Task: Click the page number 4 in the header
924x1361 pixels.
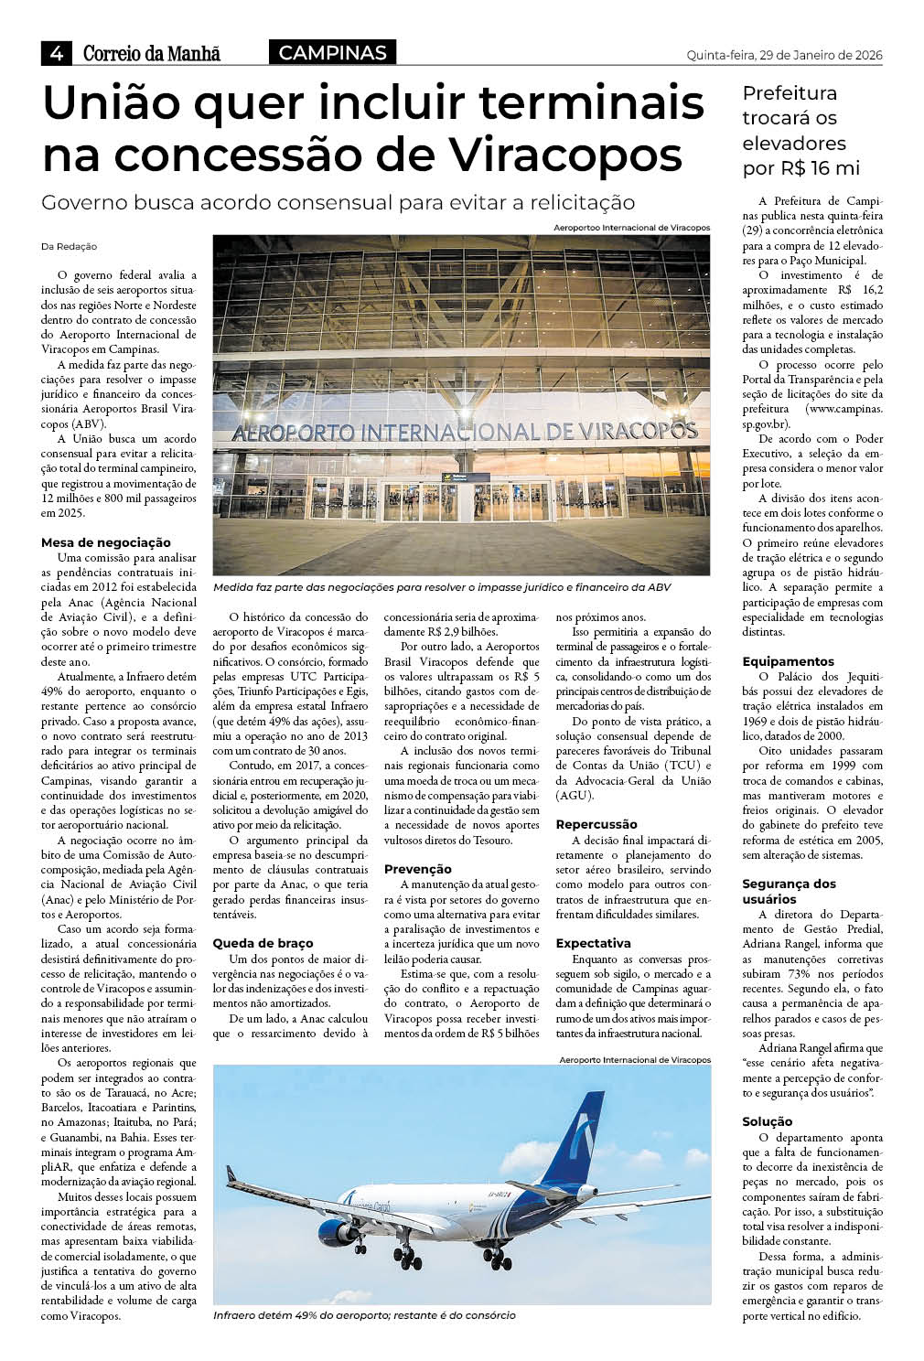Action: (x=57, y=54)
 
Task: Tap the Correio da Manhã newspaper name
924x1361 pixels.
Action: (x=152, y=54)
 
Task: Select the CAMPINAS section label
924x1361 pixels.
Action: (x=332, y=53)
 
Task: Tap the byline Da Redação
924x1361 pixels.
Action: (x=69, y=247)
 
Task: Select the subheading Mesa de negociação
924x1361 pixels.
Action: (x=106, y=542)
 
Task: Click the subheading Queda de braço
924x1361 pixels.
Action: (x=263, y=942)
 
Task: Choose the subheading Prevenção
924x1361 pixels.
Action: (x=417, y=869)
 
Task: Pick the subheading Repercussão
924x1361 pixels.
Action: (x=596, y=824)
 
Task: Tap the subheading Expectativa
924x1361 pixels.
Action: (x=593, y=942)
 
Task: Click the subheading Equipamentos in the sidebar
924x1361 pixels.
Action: (x=788, y=660)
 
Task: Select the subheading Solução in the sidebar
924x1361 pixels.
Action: (x=768, y=1121)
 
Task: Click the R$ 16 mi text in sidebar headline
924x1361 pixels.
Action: (x=802, y=169)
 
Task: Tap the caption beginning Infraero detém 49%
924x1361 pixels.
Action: (x=364, y=1315)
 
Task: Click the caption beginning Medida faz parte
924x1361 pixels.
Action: (x=442, y=587)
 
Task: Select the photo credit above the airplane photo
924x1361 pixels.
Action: (x=634, y=1060)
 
